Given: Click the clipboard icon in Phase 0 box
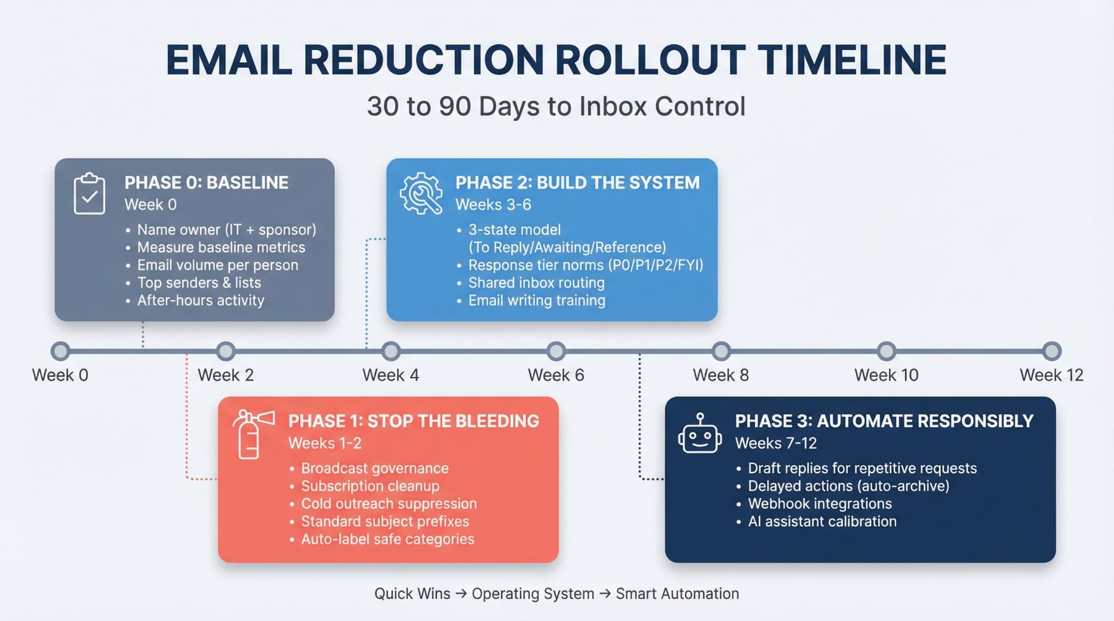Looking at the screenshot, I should [x=89, y=194].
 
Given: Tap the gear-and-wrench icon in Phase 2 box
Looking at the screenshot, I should [x=421, y=194].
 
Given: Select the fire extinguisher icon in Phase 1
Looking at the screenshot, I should [x=251, y=434].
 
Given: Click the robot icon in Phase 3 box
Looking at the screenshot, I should [x=700, y=435].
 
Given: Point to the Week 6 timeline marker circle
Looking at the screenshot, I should [x=556, y=351].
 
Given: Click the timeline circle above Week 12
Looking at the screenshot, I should [x=1051, y=351].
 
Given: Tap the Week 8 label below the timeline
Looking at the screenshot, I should [x=721, y=375].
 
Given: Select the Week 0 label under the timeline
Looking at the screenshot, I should [x=60, y=375].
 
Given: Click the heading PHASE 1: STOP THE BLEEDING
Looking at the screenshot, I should [x=413, y=421].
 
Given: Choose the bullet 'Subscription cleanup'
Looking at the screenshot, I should [x=370, y=486].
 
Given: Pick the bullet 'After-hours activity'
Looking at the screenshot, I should [x=200, y=300].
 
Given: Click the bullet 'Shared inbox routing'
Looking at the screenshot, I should [x=536, y=283].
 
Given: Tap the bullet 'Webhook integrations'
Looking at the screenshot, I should [x=819, y=504].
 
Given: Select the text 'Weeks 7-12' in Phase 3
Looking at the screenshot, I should [x=776, y=444].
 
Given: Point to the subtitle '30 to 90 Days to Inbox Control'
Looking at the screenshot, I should [x=556, y=107].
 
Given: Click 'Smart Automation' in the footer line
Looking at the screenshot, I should [x=677, y=594].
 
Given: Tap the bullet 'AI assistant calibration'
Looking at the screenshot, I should [x=822, y=522].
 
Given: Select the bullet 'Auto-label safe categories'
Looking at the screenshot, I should [x=387, y=539].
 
